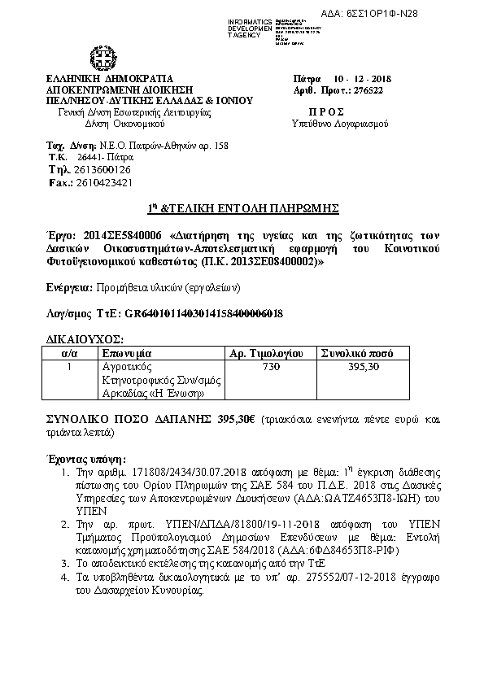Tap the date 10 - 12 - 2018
pyautogui.click(x=364, y=78)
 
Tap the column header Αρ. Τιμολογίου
pyautogui.click(x=266, y=354)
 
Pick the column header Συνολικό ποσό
pyautogui.click(x=357, y=354)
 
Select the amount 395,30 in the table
pyautogui.click(x=364, y=368)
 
